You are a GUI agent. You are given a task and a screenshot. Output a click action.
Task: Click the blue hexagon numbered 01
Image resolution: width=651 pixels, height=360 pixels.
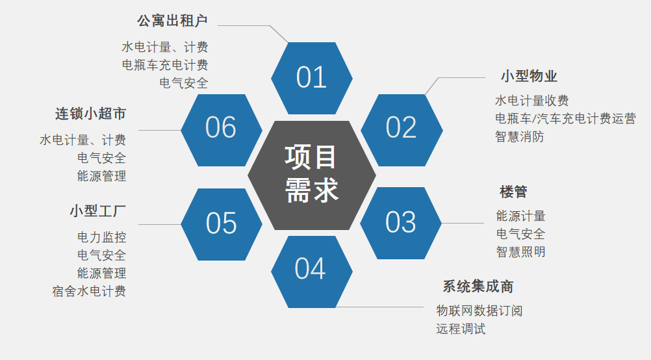tap(312, 78)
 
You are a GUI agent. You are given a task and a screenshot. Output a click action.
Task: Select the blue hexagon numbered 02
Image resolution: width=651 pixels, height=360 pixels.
tap(402, 130)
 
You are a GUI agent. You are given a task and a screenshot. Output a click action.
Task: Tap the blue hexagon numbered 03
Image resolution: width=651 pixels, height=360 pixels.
tap(401, 223)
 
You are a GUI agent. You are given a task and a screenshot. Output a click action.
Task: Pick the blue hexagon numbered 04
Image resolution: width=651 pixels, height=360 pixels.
tap(312, 272)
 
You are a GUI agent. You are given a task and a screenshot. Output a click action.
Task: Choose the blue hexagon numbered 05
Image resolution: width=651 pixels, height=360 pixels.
tap(222, 225)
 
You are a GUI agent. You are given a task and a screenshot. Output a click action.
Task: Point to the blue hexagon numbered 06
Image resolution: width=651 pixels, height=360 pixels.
tap(222, 130)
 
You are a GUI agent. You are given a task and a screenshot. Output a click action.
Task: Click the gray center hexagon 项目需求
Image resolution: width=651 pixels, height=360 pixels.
tap(312, 175)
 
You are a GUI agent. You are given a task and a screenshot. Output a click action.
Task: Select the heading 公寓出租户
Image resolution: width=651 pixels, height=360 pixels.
tap(172, 21)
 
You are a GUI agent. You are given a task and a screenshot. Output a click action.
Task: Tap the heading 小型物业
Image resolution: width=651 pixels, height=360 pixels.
tap(529, 76)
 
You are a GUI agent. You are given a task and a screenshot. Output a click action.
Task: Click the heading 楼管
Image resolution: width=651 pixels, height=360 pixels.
tap(513, 192)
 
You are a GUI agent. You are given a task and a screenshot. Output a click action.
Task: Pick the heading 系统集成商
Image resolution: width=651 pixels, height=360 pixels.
tap(478, 286)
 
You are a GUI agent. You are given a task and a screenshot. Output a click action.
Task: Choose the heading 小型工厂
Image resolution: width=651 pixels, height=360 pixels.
tap(97, 211)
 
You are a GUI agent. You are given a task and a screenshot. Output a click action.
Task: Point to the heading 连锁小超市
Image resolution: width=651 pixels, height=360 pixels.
tap(90, 113)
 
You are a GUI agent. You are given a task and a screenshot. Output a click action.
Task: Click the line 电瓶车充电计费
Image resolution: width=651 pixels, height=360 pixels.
tap(165, 65)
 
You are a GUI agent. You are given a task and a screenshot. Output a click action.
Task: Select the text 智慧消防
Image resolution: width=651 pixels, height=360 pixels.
tap(519, 136)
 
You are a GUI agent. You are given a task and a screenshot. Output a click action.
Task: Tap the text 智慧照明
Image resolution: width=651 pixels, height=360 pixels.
tap(520, 251)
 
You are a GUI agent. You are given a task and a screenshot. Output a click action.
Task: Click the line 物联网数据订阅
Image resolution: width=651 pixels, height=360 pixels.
tap(479, 311)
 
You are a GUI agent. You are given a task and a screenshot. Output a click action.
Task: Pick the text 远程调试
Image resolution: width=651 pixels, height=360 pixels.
tap(461, 329)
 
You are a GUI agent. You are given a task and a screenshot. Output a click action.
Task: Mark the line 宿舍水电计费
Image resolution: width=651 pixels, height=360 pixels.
tap(89, 291)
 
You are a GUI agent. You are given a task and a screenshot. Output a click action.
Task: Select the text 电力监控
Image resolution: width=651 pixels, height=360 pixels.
tap(102, 237)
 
